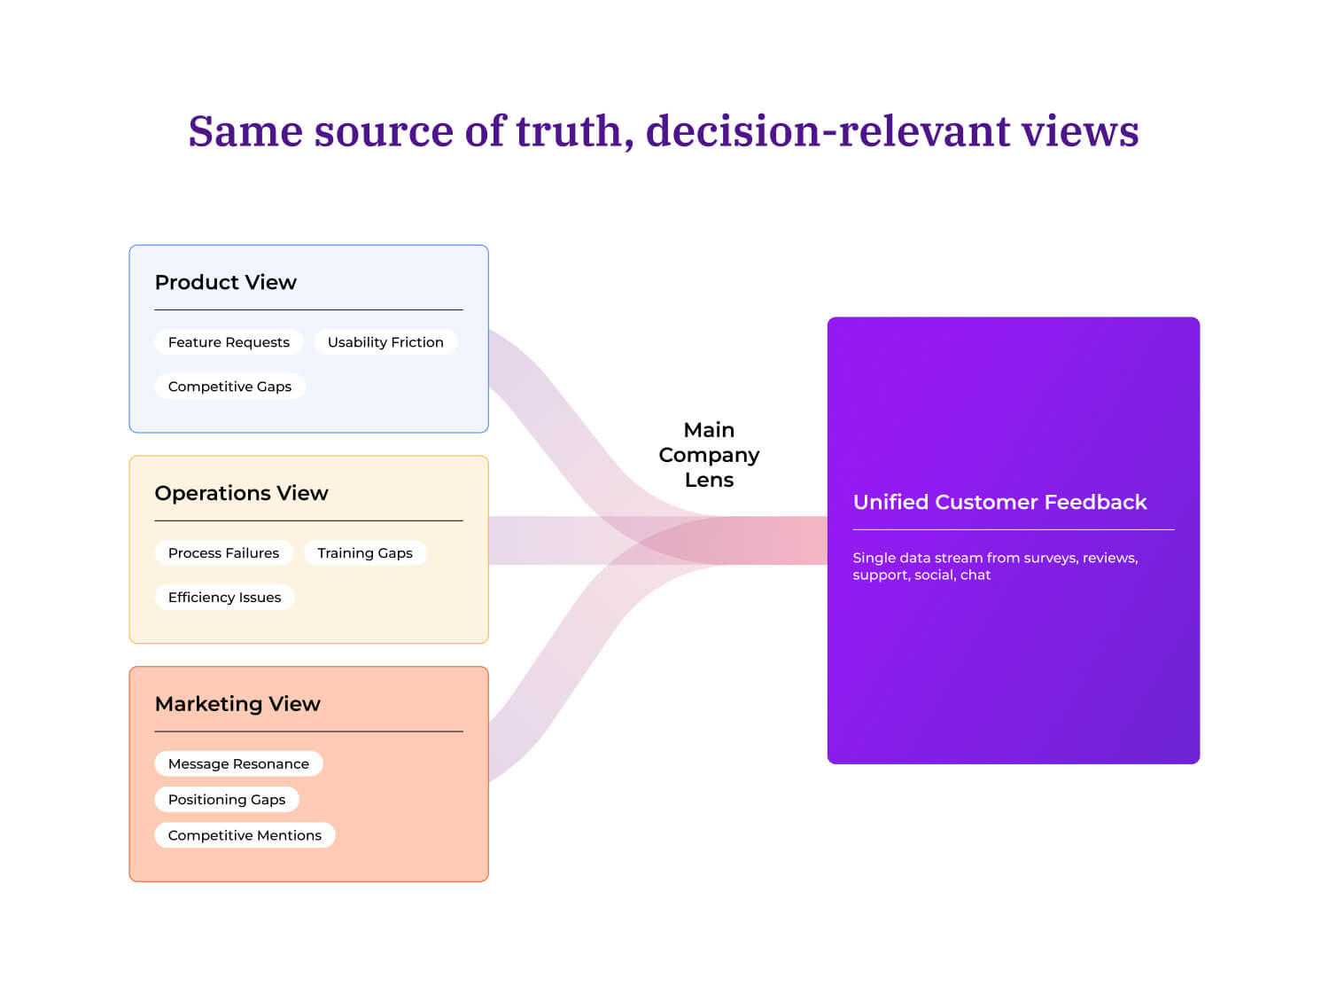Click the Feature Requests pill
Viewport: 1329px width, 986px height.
click(229, 342)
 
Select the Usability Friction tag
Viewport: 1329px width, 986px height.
click(385, 342)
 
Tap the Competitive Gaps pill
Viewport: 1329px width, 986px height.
click(229, 387)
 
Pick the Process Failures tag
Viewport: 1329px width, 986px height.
click(223, 553)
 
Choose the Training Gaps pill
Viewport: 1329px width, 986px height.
click(365, 553)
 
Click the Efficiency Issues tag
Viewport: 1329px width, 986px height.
click(224, 598)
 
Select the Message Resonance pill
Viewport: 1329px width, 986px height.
click(238, 764)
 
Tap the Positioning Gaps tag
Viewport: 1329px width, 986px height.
click(227, 800)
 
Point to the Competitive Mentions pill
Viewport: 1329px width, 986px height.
click(245, 835)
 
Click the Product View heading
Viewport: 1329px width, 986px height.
click(225, 282)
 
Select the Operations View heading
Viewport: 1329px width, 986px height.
click(241, 493)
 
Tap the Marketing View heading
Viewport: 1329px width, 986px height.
click(237, 704)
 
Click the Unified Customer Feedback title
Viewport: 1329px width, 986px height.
click(999, 502)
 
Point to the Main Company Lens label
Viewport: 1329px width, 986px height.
click(709, 455)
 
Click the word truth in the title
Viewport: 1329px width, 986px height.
click(572, 131)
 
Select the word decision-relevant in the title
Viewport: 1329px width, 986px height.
click(828, 131)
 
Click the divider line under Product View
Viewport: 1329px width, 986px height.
click(308, 310)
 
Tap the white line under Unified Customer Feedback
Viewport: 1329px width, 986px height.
click(1013, 530)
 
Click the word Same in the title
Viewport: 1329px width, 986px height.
click(245, 131)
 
